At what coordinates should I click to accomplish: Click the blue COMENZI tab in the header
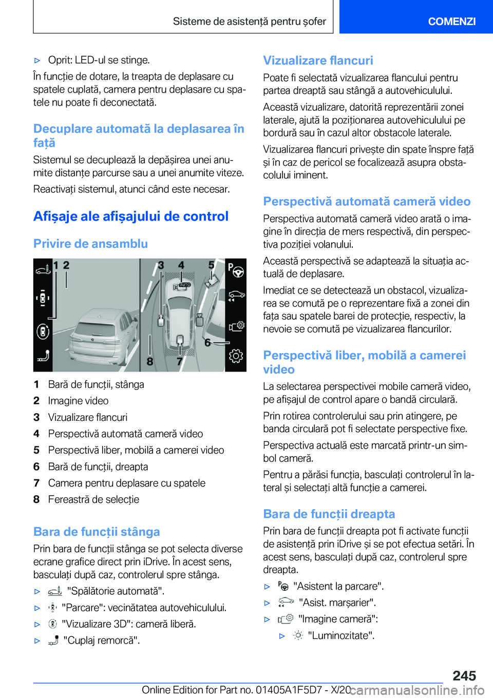click(451, 21)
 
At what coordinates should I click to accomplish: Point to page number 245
click(464, 675)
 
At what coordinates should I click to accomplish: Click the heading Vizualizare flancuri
click(318, 61)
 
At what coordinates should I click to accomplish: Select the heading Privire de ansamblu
click(90, 244)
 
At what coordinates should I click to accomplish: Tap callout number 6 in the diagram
click(207, 342)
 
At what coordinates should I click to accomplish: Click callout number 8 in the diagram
click(150, 361)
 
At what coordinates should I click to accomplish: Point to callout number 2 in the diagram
click(66, 265)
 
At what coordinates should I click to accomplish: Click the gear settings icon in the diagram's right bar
click(236, 356)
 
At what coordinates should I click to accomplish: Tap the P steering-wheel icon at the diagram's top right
click(235, 270)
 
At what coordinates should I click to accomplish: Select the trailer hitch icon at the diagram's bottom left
click(43, 356)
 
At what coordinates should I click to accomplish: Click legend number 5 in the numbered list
click(36, 450)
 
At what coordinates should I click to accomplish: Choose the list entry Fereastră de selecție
click(93, 499)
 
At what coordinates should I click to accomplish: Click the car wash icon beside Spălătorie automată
click(55, 591)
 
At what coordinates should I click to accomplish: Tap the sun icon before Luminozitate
click(298, 635)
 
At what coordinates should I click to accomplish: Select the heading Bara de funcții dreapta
click(329, 514)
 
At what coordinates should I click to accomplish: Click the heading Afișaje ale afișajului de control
click(131, 217)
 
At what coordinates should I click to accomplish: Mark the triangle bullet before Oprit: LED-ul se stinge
click(37, 61)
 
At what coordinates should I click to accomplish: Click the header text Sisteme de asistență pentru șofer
click(249, 22)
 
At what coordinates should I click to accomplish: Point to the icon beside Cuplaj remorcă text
click(53, 640)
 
